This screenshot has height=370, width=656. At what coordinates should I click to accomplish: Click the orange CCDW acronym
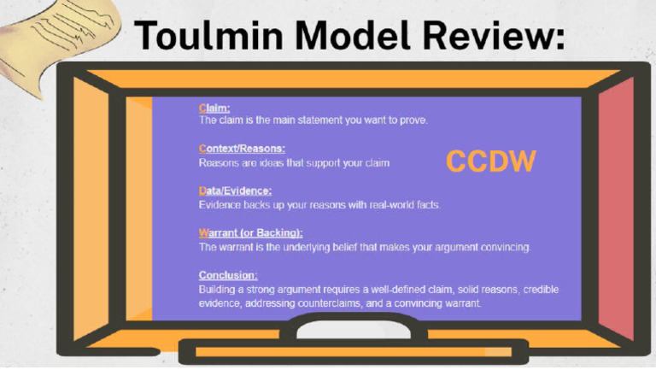[490, 161]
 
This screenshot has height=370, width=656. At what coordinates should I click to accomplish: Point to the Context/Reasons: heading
[242, 149]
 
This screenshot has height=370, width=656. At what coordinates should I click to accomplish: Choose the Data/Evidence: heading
[235, 191]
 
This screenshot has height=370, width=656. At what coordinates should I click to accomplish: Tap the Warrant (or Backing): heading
[250, 232]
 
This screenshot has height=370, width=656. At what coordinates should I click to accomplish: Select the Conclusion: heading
[228, 275]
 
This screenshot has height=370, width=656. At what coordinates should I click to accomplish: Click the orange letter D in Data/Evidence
[202, 191]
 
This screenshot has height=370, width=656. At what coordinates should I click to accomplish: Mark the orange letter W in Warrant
[203, 232]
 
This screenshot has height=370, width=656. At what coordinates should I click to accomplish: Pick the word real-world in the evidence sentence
[374, 205]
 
